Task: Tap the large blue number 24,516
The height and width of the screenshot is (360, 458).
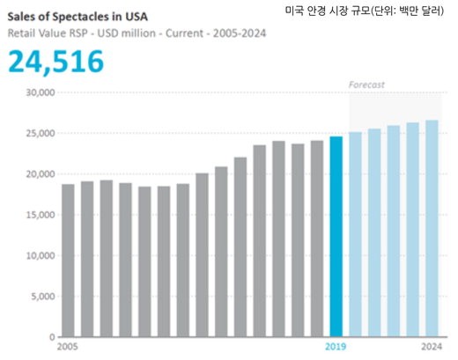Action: coord(55,61)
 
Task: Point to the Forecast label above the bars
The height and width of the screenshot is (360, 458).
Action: coord(366,84)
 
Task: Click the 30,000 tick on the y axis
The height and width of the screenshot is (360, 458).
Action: coord(40,92)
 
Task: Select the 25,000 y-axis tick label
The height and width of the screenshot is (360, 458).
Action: coord(40,133)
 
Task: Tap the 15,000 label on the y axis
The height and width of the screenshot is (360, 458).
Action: coord(40,215)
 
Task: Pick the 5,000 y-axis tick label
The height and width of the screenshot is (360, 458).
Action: coord(42,297)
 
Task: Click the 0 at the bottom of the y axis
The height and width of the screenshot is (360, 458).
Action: coord(51,337)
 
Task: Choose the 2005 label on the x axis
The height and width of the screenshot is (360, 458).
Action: coord(67,348)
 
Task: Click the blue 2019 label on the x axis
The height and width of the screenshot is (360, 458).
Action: coord(336,348)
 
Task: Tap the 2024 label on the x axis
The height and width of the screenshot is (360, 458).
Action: coord(432,348)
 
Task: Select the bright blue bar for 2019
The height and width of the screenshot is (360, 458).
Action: coord(336,237)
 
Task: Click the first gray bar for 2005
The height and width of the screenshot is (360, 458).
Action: coord(68,261)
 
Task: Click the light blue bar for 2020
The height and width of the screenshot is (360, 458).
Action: coord(355,235)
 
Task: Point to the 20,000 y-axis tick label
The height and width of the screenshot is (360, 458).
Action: coord(40,174)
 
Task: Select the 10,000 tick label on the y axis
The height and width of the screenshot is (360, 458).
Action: coord(40,256)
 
